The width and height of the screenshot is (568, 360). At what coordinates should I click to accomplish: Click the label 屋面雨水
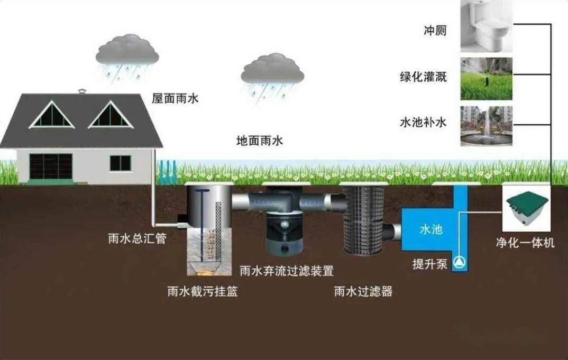[176, 98]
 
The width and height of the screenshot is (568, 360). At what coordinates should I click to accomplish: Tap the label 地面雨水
[259, 141]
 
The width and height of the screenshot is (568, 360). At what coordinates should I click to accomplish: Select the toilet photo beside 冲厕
[486, 26]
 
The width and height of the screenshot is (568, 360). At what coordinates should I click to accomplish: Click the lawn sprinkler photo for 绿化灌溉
[486, 79]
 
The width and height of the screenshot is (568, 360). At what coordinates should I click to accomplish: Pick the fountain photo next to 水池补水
[486, 126]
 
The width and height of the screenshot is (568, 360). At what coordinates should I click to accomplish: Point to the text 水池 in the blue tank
[431, 229]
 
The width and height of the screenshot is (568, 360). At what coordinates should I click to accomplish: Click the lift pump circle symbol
[460, 262]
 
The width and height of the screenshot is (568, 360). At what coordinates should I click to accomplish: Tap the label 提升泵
[430, 264]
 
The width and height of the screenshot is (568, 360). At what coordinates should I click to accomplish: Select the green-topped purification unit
[527, 208]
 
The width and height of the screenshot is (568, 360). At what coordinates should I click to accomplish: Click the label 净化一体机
[525, 242]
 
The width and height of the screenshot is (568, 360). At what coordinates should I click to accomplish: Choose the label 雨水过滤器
[363, 291]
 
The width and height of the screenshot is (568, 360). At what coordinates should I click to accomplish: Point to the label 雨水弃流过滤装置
[287, 271]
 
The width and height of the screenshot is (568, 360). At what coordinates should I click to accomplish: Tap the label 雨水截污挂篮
[203, 291]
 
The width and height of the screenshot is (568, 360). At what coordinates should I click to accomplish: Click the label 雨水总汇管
[138, 238]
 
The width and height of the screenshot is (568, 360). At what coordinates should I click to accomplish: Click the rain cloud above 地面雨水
[272, 76]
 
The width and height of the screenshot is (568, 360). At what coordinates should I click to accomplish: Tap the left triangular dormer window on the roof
[51, 114]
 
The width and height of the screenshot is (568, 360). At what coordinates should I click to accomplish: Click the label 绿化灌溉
[424, 77]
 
